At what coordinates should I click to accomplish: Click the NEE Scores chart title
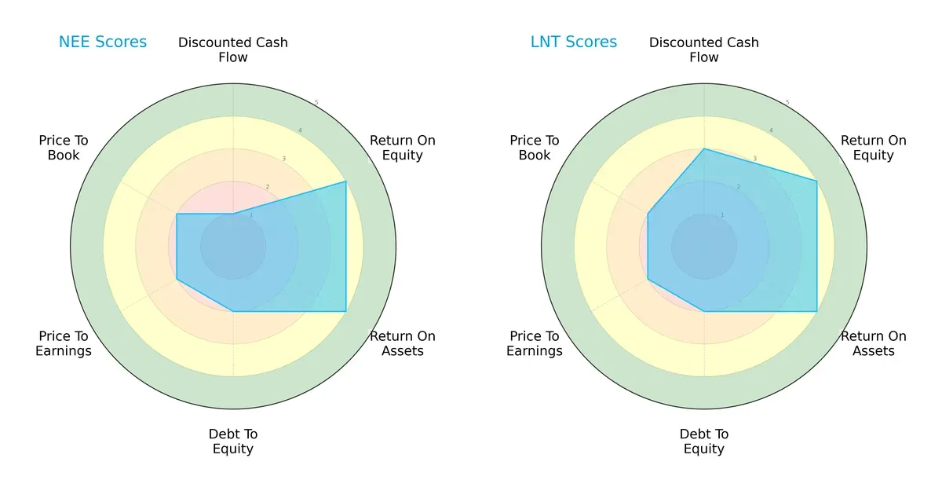(103, 42)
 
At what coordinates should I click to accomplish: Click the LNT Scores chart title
(574, 42)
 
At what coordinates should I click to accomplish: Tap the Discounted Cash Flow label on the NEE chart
(233, 49)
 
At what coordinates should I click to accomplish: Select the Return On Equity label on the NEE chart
(403, 148)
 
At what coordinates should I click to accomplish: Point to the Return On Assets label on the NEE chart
(403, 343)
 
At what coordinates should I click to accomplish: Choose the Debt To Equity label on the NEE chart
(233, 442)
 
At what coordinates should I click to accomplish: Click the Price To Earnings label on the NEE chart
(64, 343)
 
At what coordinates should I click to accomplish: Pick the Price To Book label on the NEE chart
(64, 148)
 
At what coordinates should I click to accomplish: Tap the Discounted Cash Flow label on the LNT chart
(704, 49)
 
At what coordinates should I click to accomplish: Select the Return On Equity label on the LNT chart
(874, 148)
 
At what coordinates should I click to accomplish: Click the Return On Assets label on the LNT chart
(874, 343)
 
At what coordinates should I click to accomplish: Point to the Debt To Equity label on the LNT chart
(704, 442)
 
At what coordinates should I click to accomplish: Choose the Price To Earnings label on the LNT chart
(535, 343)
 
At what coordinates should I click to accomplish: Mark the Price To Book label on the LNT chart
(535, 148)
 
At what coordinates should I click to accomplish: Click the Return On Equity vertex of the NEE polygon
(346, 181)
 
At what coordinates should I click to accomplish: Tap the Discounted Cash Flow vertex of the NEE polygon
(233, 214)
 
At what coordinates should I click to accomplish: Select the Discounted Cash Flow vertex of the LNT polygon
(704, 148)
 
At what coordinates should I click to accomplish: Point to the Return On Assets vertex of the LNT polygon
(817, 312)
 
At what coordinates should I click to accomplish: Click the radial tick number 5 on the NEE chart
(316, 103)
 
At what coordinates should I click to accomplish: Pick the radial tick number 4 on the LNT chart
(771, 130)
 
